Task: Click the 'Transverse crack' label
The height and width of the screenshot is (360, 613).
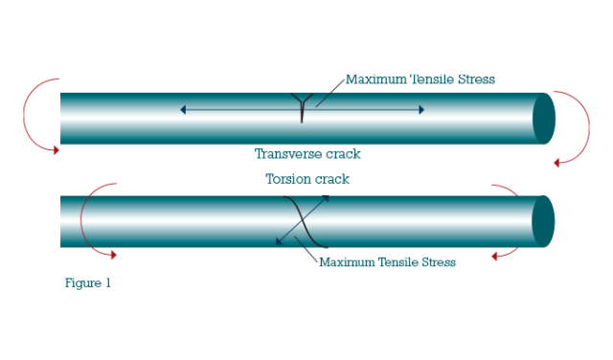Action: (x=306, y=153)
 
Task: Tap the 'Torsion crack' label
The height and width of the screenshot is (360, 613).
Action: (x=306, y=179)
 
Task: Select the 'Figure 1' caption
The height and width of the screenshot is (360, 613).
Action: (x=88, y=282)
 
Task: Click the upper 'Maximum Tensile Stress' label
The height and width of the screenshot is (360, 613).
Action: (x=420, y=79)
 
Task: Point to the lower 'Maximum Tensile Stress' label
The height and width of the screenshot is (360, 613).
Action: (x=387, y=261)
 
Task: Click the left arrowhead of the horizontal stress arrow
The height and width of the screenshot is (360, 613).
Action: (x=183, y=110)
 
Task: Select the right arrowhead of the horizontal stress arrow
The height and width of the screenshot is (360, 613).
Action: (x=420, y=110)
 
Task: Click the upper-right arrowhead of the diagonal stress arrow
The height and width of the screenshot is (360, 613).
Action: (x=327, y=198)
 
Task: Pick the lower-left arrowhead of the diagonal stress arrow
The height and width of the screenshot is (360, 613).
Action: (x=280, y=241)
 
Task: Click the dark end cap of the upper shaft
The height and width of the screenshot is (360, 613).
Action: (x=544, y=118)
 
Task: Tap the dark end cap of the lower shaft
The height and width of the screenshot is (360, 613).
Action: (x=543, y=221)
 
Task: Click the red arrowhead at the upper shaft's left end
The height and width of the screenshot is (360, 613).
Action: (x=56, y=149)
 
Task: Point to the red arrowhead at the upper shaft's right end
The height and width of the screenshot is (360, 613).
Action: (x=556, y=163)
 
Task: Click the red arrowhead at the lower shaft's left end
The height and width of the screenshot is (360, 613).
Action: (x=113, y=255)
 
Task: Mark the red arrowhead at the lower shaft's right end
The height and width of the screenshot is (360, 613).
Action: (x=495, y=256)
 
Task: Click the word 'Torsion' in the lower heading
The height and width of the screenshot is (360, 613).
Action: (x=286, y=179)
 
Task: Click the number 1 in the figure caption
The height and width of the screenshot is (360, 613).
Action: (x=108, y=282)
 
